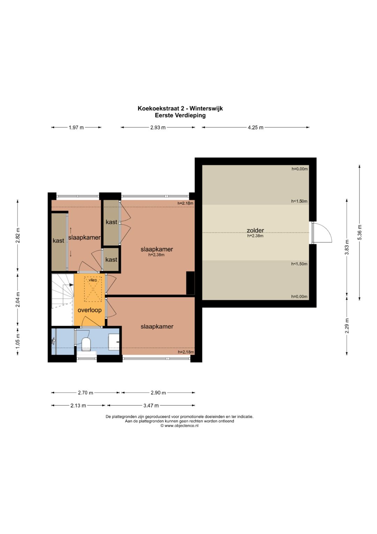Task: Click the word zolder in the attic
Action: pos(255,230)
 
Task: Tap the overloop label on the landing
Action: pos(89,310)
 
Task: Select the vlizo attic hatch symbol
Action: pos(93,289)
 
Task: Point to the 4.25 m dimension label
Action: pos(256,128)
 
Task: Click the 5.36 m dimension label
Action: pos(360,233)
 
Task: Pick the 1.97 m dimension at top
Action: pos(76,128)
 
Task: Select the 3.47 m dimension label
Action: pos(151,406)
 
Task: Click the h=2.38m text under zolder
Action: pos(255,236)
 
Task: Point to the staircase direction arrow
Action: pos(71,285)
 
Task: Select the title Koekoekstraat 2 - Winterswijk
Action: pos(180,108)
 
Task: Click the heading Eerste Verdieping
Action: pos(180,116)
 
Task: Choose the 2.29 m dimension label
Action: pos(347,326)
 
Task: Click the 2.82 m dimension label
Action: pos(18,236)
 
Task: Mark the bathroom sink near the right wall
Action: pos(114,342)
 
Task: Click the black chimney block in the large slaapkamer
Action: pos(190,283)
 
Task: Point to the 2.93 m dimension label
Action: pos(158,128)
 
